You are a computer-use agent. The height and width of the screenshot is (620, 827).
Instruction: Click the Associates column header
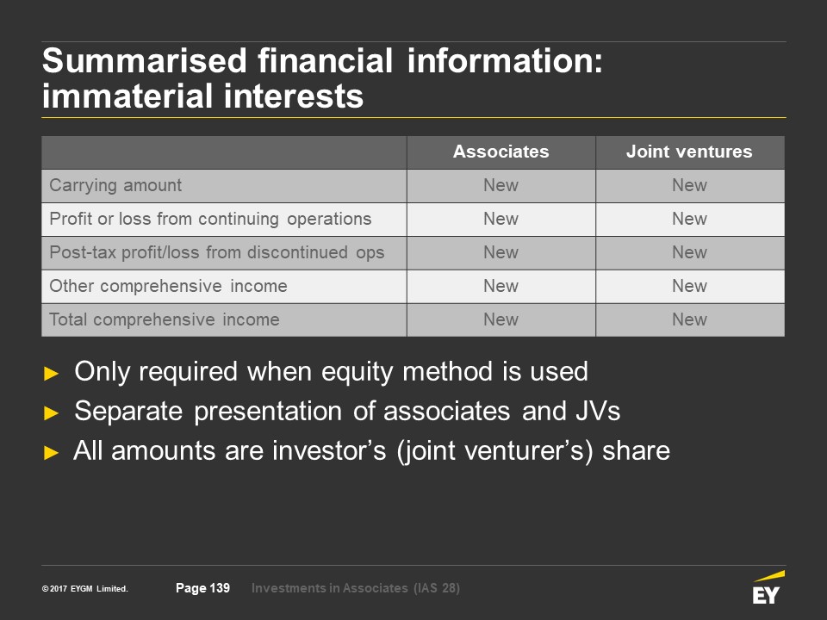[501, 152]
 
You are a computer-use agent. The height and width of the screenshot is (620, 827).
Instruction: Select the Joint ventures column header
[689, 152]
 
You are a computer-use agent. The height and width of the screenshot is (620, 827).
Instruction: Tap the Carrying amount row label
[115, 186]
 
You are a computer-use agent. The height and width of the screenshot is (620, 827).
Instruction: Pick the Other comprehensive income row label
[168, 286]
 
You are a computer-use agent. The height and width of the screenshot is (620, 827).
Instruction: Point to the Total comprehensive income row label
[164, 319]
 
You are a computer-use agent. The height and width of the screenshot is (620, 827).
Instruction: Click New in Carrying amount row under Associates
[501, 186]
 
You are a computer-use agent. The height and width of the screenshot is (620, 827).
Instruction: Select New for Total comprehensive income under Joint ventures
[689, 319]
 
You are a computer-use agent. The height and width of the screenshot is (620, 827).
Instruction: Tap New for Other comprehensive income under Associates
[501, 286]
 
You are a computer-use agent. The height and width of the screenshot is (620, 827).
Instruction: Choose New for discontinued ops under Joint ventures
[689, 252]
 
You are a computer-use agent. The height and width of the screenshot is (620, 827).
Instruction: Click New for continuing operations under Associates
[501, 219]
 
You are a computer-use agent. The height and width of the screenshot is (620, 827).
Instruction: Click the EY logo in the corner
[768, 587]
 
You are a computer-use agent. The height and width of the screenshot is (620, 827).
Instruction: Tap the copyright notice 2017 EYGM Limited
[85, 589]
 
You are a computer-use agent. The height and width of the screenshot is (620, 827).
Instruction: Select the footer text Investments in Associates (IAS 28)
[356, 588]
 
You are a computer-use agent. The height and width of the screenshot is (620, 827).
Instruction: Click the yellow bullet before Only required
[51, 374]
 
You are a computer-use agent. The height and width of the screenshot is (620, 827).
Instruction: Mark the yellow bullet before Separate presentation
[51, 412]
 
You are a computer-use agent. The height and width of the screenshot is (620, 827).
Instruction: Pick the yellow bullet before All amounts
[51, 452]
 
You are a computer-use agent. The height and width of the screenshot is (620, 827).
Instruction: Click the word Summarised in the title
[145, 60]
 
